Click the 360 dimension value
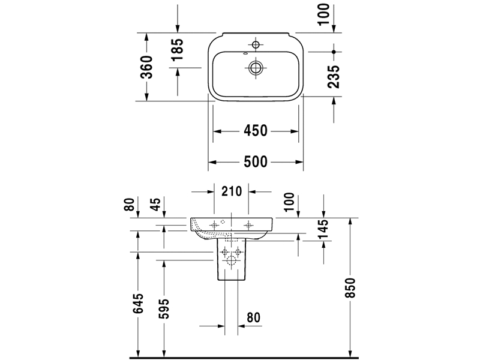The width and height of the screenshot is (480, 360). coord(147,67)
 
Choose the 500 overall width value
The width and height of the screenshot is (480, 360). coord(256,161)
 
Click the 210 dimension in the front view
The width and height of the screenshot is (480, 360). coord(231,192)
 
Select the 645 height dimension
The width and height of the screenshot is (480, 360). coord(139,304)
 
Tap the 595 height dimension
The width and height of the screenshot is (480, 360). coord(166,307)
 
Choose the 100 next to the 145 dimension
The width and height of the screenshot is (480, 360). coord(290,203)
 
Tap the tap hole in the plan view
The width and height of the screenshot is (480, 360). coord(256,45)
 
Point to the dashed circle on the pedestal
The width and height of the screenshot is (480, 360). coord(231,262)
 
